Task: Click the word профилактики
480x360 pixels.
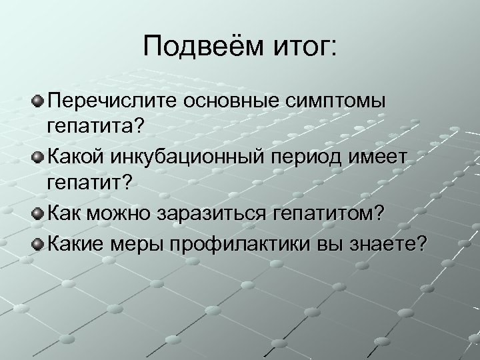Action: tap(243, 243)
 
